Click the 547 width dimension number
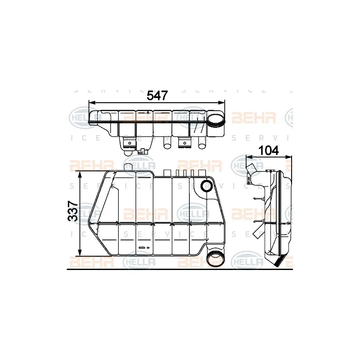tap(157, 95)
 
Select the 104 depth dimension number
tap(269, 150)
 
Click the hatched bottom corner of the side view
tap(280, 260)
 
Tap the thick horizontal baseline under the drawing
tap(180, 269)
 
